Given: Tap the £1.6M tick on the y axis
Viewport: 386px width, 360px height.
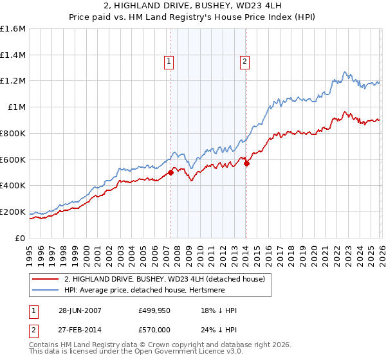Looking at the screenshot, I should [13, 29].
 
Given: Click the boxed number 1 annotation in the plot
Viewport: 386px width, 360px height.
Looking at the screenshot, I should [169, 62].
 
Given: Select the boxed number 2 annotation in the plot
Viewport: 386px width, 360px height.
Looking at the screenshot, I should [245, 62].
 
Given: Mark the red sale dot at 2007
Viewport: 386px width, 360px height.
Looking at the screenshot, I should [171, 172].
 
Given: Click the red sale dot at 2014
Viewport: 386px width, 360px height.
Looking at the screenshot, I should [247, 163].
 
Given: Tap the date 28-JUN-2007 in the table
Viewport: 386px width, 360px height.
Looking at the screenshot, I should [80, 310].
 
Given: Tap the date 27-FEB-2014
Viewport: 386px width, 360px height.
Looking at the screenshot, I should [80, 330].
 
